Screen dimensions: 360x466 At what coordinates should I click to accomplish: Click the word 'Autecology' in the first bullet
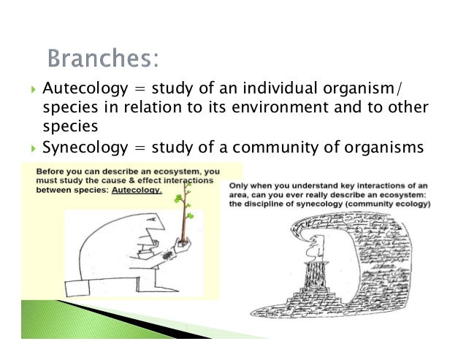[x=80, y=90]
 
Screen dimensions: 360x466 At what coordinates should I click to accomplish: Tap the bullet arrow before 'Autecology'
[x=30, y=91]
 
